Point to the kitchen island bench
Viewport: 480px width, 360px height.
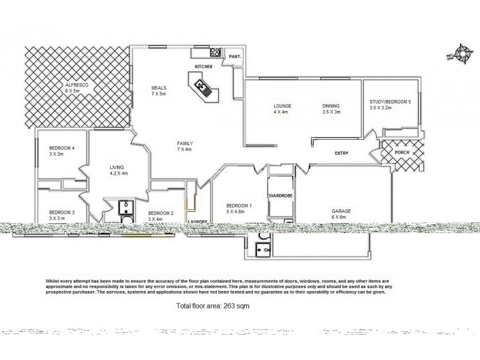click(x=200, y=85)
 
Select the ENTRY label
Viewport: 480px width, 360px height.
click(x=342, y=154)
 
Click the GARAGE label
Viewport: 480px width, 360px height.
click(x=341, y=211)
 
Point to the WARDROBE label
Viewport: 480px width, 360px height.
click(x=280, y=196)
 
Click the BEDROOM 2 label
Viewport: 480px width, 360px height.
click(x=160, y=213)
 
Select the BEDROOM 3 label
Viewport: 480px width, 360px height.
click(x=62, y=212)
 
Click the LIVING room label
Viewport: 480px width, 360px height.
click(x=118, y=168)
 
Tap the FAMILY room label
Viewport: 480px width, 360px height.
click(x=184, y=143)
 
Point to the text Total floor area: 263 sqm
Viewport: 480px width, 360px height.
click(x=212, y=306)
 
